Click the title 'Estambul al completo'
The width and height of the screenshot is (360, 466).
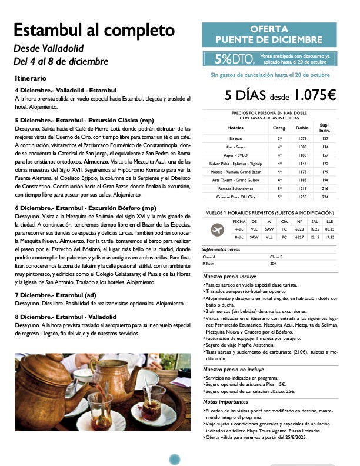point(94,30)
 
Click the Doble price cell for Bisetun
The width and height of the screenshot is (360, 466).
point(302,138)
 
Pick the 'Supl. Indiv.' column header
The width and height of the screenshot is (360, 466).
point(325,127)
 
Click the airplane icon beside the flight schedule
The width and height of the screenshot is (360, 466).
point(218,229)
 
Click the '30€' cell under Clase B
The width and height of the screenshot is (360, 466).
point(274,264)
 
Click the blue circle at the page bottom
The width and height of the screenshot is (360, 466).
point(174,460)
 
